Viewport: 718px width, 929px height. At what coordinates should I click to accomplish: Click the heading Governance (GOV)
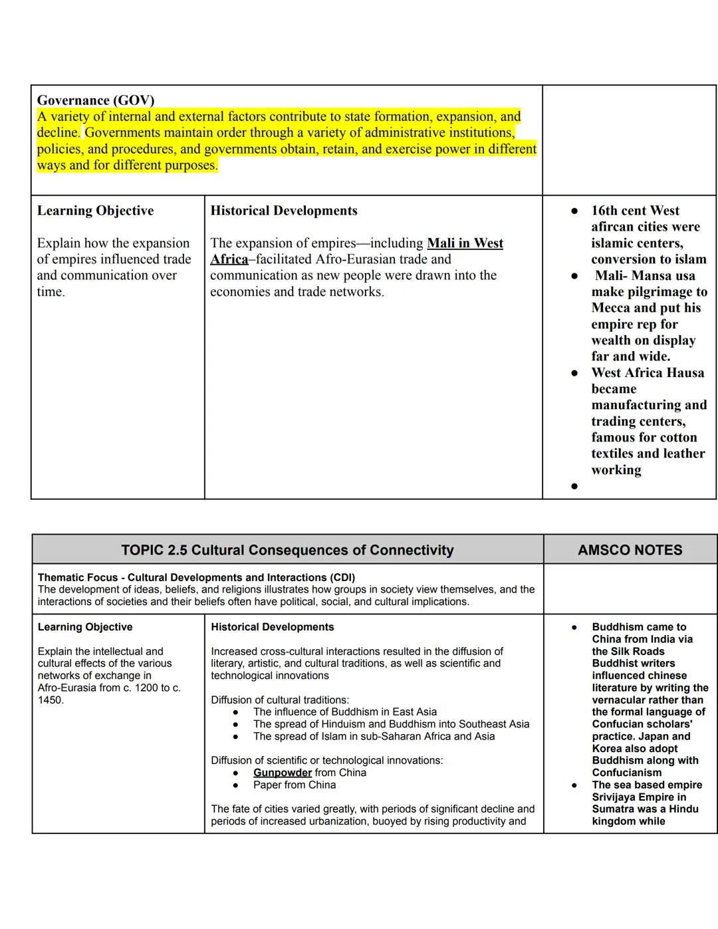tap(95, 100)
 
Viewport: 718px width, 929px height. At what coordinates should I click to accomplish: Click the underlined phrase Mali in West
tap(465, 243)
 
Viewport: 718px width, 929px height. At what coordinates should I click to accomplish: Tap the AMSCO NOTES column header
tap(630, 550)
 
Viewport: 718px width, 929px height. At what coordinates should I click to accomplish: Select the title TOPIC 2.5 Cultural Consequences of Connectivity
tap(287, 550)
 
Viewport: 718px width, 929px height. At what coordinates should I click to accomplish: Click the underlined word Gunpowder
tap(282, 773)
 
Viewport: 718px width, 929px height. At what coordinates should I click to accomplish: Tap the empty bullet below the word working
tap(574, 486)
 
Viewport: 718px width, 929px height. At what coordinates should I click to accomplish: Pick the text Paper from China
tap(295, 785)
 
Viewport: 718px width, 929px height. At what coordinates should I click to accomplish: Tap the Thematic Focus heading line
tap(196, 577)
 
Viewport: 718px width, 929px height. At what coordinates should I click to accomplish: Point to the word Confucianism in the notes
tap(626, 773)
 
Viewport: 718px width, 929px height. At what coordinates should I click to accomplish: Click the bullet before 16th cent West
tap(574, 211)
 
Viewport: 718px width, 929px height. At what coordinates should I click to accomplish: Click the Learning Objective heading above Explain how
tap(95, 211)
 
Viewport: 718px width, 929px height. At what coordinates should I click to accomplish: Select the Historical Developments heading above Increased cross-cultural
tap(272, 627)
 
